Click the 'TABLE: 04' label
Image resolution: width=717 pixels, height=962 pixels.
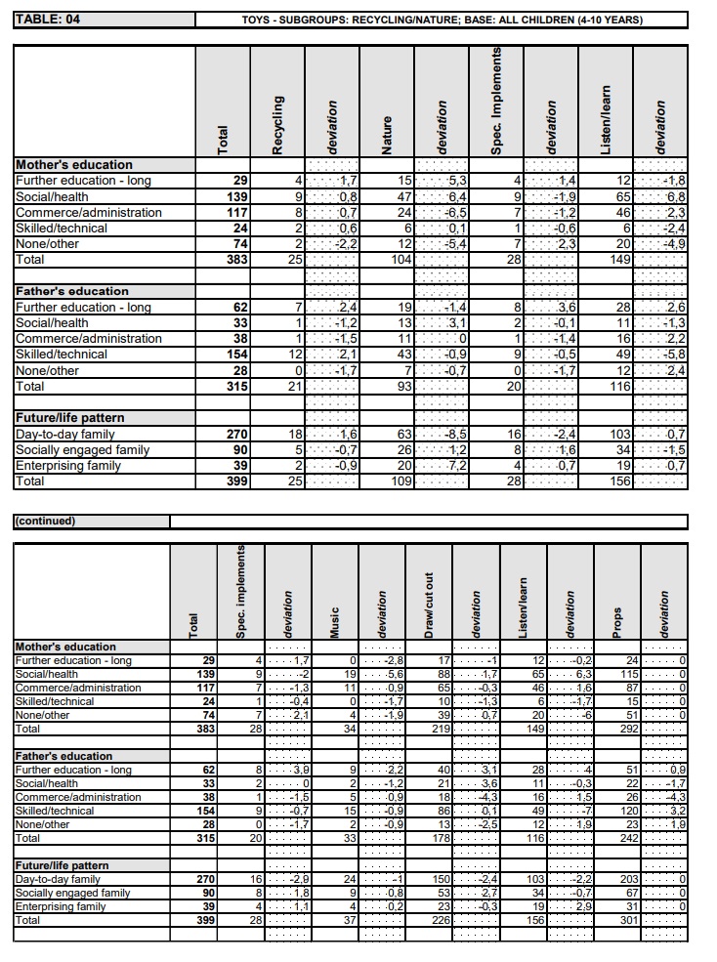48,20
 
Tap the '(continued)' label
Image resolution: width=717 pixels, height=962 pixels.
44,521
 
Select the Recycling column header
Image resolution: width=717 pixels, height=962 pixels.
277,124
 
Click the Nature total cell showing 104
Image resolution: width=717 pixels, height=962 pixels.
399,260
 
